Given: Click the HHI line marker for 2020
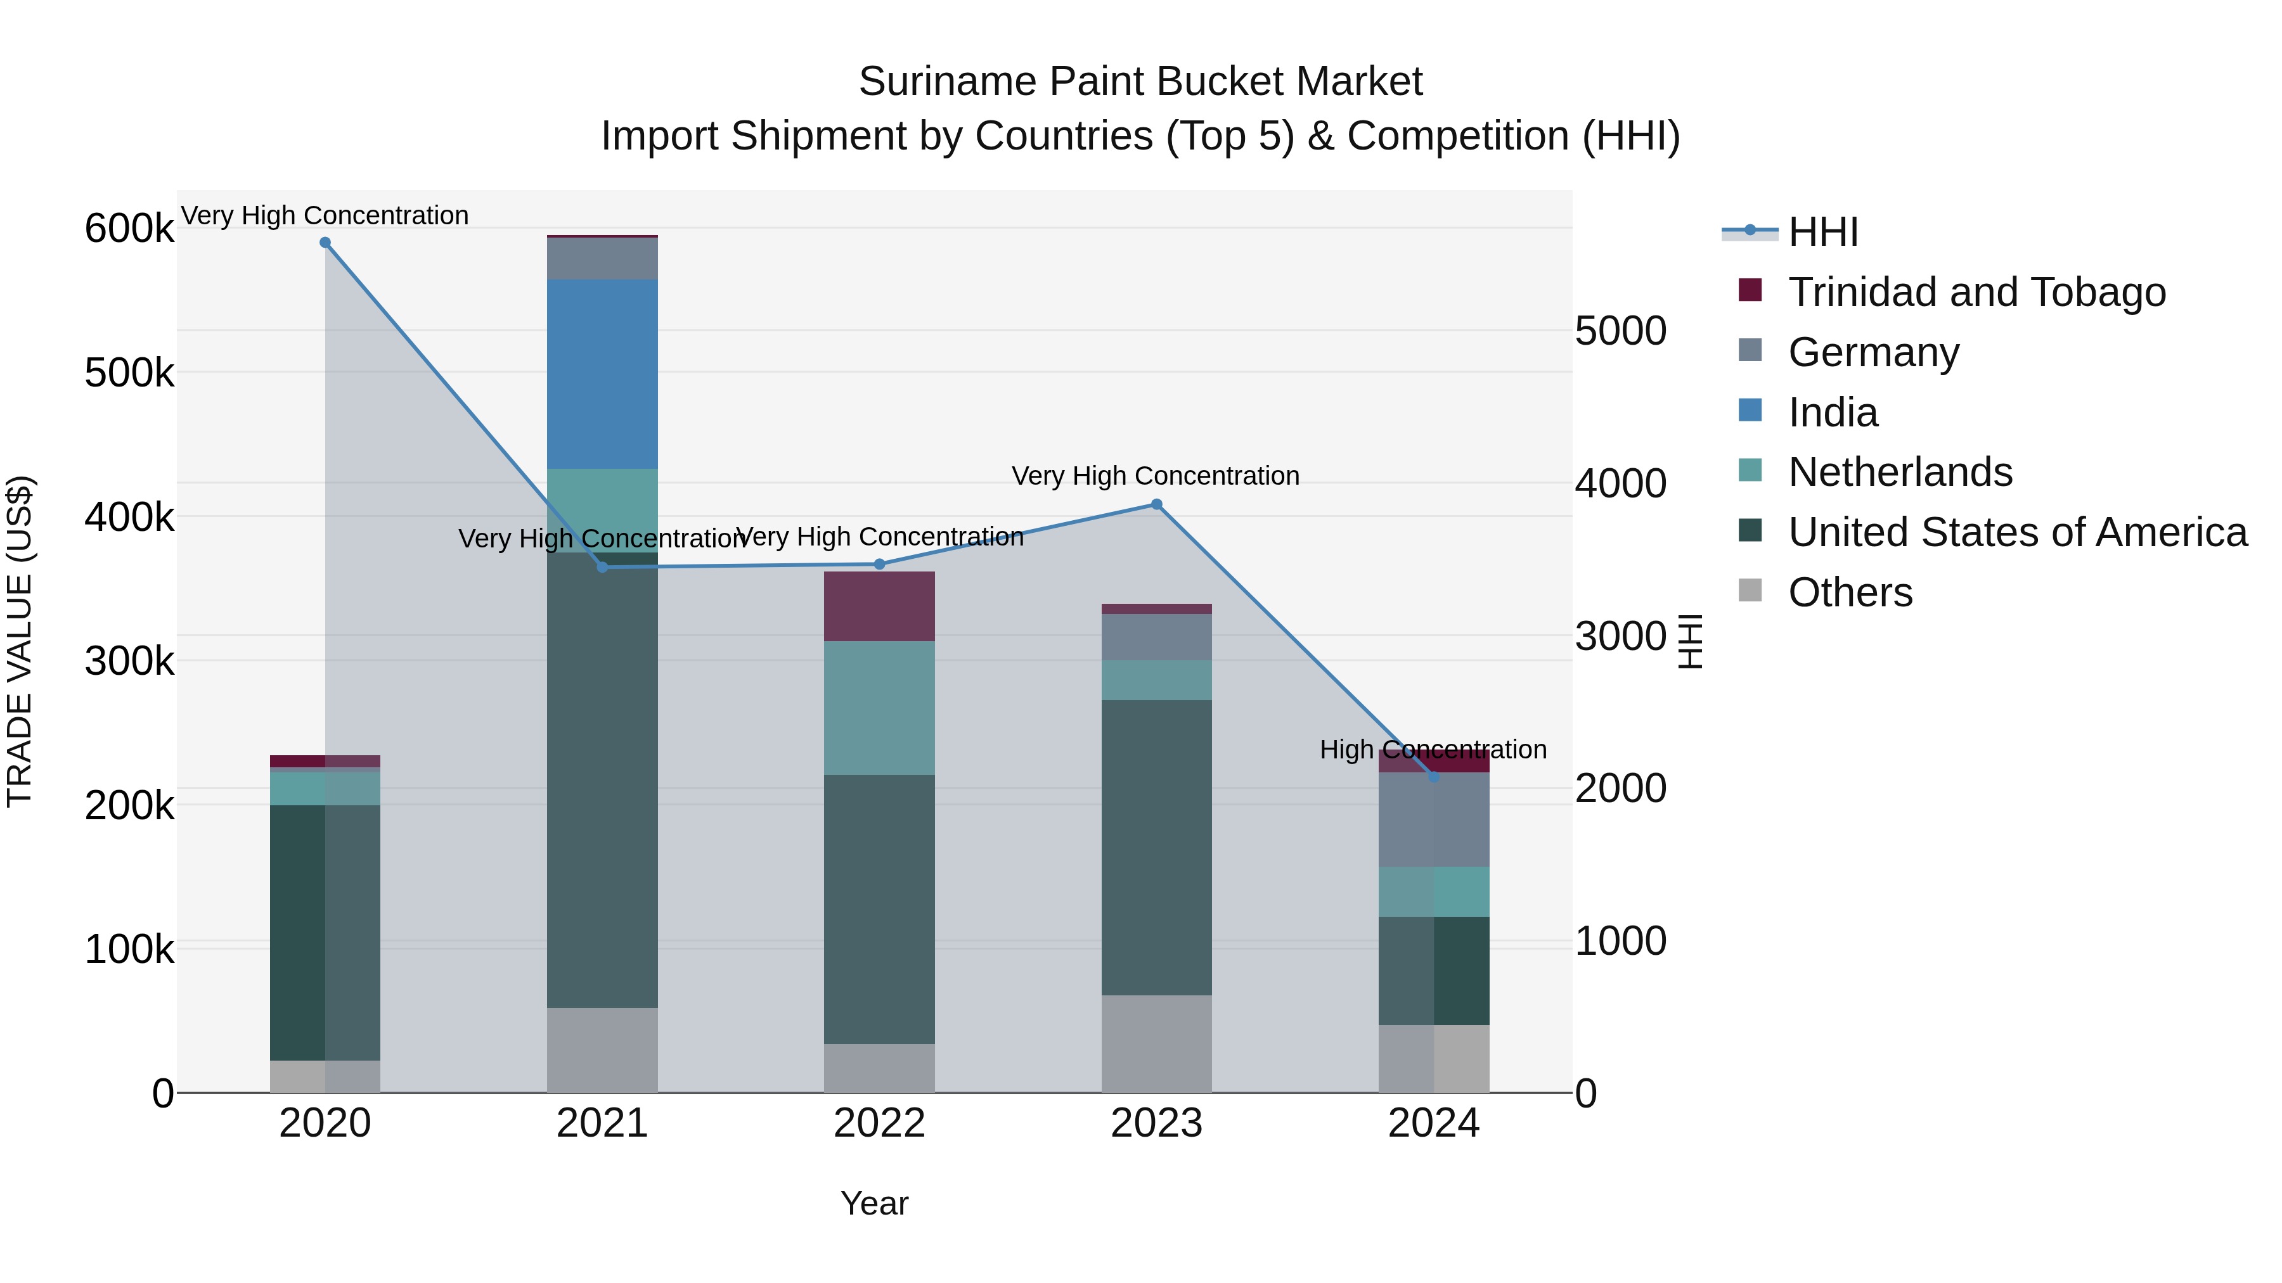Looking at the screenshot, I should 325,243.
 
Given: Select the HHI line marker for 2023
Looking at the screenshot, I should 1156,505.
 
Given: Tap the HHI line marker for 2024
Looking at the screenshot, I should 1433,777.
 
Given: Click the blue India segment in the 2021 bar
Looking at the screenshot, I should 602,374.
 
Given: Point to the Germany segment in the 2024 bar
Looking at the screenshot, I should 1433,820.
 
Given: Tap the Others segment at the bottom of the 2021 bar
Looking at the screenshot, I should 602,1050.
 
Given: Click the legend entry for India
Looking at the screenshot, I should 1832,412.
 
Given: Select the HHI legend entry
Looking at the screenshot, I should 1822,232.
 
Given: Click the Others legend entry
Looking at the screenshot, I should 1850,592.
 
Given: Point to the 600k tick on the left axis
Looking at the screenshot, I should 129,229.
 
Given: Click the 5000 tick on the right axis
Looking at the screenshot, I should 1620,331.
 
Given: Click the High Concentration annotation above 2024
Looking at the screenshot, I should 1433,750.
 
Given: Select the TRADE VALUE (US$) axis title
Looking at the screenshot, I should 20,641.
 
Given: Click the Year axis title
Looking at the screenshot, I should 874,1203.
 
